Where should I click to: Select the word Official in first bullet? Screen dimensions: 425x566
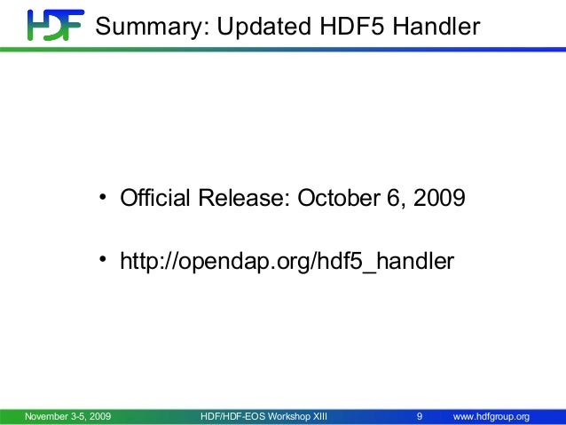point(151,197)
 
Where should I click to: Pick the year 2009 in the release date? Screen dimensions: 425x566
point(435,197)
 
